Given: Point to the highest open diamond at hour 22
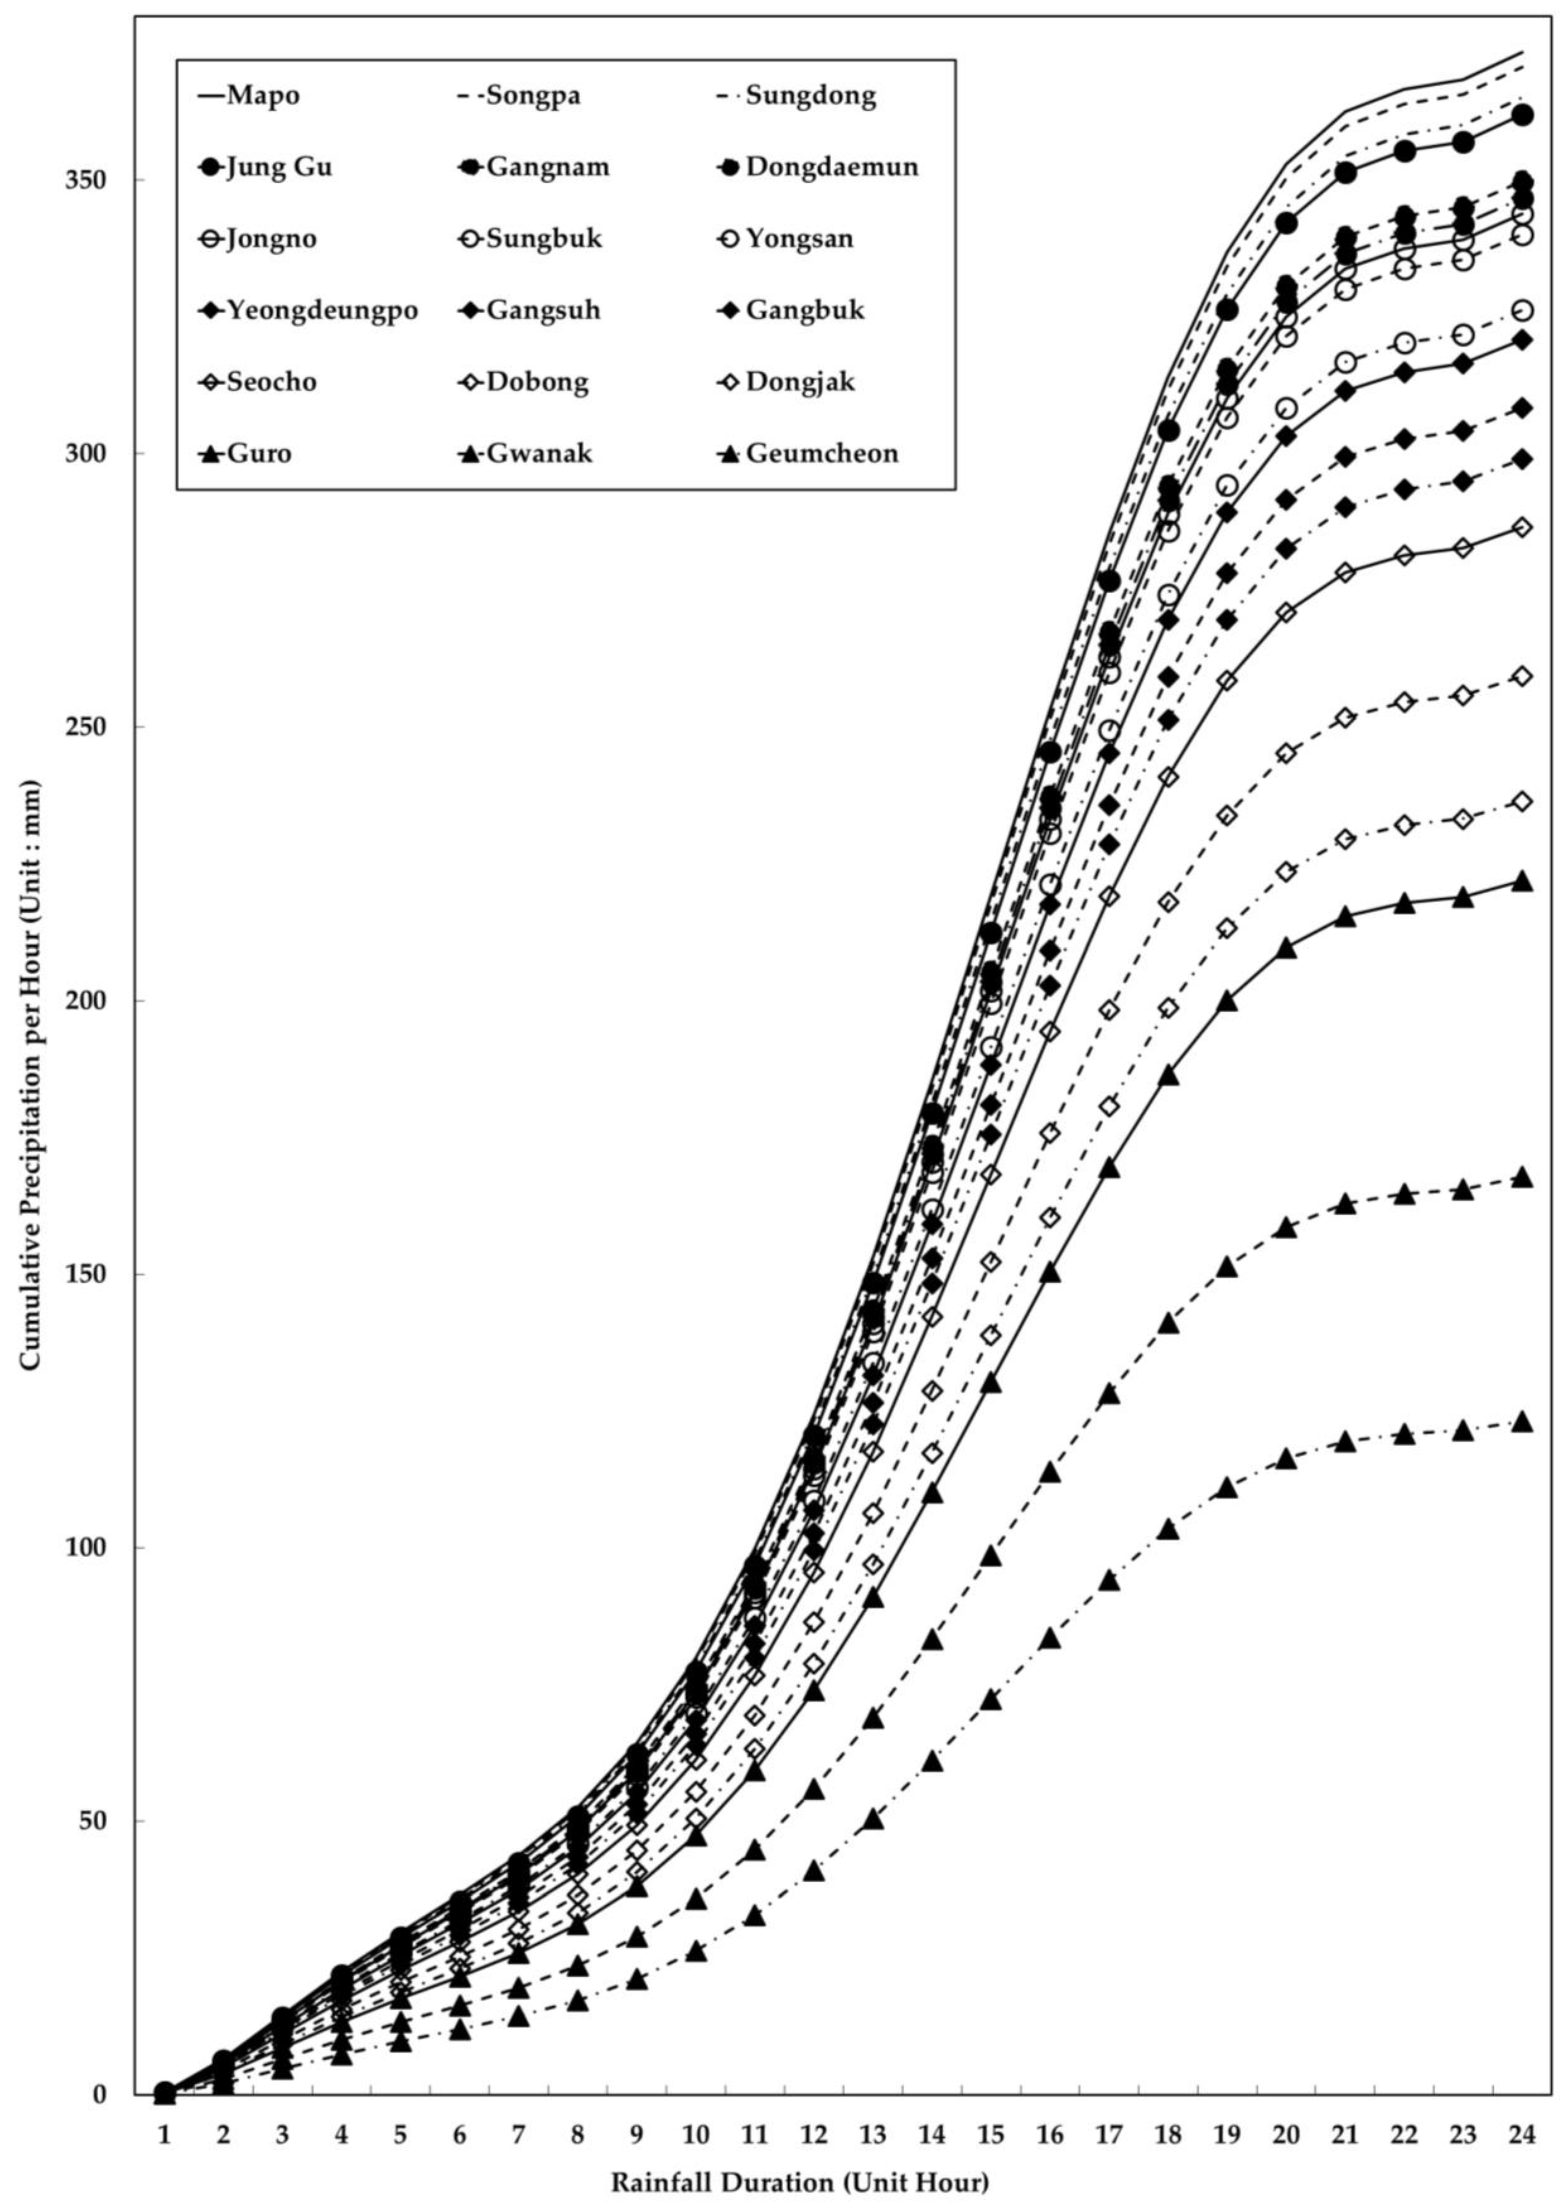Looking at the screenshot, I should click(x=1404, y=555).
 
